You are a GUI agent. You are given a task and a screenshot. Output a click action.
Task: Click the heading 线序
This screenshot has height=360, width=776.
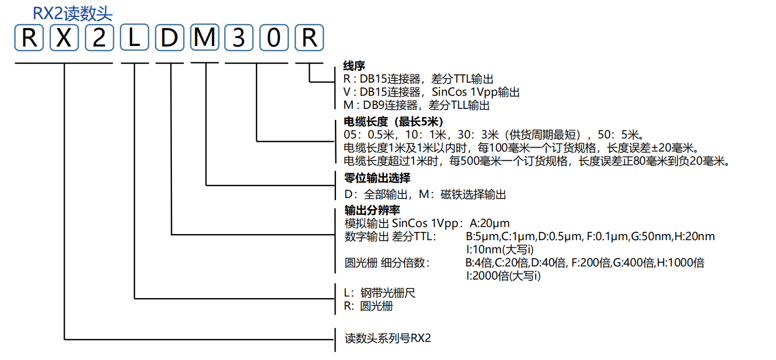click(354, 66)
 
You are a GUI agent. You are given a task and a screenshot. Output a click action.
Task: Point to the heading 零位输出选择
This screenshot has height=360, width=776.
click(377, 178)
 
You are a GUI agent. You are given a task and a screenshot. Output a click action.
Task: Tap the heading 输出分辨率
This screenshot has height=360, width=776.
click(372, 210)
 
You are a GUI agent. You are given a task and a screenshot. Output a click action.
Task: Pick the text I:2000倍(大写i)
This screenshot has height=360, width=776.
click(503, 276)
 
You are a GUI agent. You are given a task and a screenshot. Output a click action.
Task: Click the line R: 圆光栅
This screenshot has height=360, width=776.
click(368, 306)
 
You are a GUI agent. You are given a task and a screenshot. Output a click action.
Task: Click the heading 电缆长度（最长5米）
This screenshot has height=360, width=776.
click(393, 121)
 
